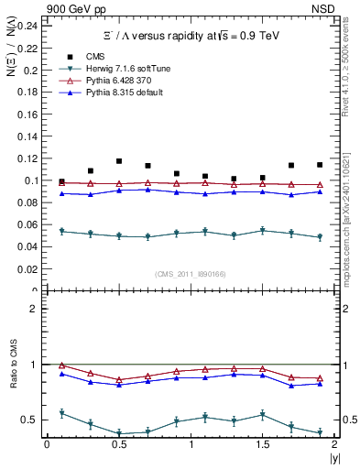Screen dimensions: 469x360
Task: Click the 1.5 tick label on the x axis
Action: point(263,444)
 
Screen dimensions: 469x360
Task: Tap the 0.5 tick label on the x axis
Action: point(118,444)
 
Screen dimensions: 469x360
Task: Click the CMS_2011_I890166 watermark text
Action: point(191,273)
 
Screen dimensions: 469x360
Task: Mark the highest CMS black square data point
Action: point(119,161)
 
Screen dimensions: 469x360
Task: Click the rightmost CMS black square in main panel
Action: point(320,165)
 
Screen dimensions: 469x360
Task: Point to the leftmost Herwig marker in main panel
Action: point(61,232)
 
